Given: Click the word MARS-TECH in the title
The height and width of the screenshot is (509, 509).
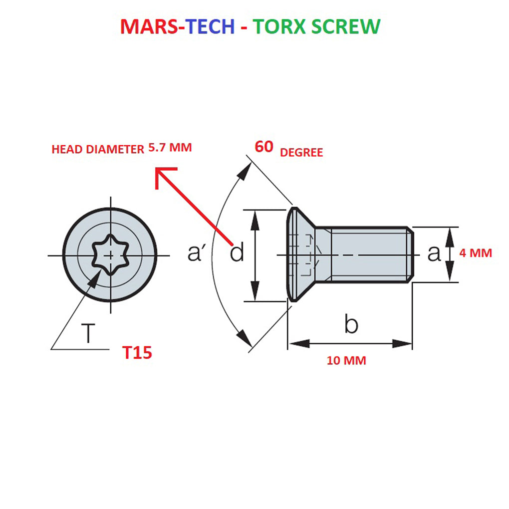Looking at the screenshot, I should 177,26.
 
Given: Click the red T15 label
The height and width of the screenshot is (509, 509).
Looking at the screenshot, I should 137,353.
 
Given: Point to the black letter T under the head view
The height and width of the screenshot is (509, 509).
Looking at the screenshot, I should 88,333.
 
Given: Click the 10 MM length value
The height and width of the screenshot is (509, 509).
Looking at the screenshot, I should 346,360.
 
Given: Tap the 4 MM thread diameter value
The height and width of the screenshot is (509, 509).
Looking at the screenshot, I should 476,253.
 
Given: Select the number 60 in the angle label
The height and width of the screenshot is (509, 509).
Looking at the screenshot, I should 264,147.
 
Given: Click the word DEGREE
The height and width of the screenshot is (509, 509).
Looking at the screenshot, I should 301,153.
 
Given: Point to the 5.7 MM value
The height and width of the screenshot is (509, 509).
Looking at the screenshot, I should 170,148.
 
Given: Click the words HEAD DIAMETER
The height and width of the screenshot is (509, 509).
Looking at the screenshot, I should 98,149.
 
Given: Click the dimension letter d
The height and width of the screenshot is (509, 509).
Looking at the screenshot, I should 237,254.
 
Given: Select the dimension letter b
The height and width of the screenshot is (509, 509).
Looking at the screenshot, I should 351,325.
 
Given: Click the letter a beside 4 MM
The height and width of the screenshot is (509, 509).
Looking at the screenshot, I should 434,254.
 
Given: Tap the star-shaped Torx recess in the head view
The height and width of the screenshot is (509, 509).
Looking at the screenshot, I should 110,255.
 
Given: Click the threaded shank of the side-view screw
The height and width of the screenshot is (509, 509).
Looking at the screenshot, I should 369,255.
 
